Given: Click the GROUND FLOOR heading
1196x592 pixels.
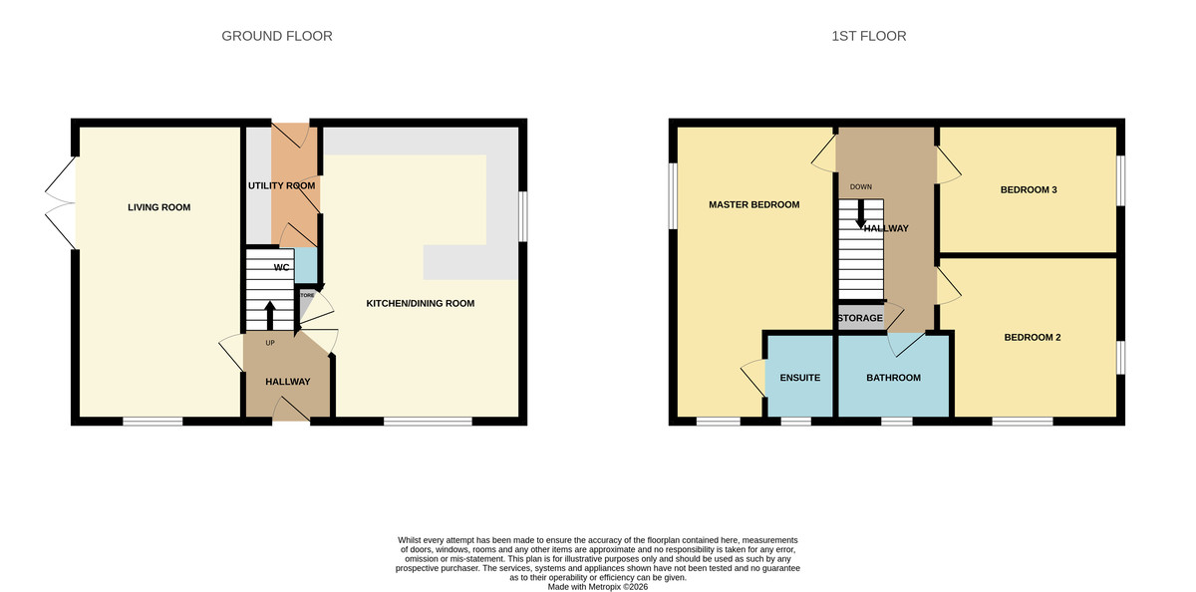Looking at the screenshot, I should point(276,36).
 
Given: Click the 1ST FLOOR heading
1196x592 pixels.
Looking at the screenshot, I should point(868,36).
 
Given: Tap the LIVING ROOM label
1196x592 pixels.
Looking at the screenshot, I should point(158,207).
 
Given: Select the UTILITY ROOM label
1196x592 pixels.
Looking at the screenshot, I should point(281,185).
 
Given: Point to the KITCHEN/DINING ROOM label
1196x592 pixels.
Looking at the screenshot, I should point(420,303).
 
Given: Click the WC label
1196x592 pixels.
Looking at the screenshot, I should point(282,267).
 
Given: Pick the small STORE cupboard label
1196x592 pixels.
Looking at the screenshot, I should point(307,296).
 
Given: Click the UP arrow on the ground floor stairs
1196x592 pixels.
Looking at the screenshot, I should point(269,316).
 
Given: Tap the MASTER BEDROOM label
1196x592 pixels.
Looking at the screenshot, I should point(753,204).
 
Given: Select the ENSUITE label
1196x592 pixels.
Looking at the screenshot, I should point(799,378).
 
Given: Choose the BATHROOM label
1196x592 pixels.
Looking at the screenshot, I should point(893,378).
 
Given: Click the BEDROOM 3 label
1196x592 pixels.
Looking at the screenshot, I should point(1029,189).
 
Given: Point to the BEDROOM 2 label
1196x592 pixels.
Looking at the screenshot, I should point(1032,337).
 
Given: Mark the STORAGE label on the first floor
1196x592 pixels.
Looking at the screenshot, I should point(860,318).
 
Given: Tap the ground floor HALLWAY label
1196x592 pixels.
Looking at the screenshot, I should point(287,382).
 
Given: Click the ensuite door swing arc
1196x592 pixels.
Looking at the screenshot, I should point(750,378).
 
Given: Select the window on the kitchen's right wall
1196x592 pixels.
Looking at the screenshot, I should point(523,214).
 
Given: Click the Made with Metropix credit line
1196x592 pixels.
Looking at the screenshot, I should point(597,587).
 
